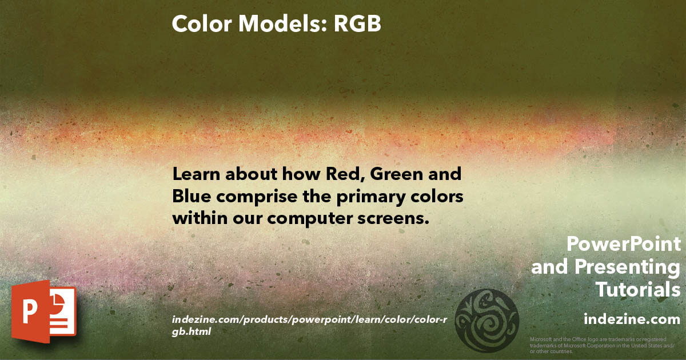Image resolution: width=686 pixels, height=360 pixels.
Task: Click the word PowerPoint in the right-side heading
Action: coord(624,245)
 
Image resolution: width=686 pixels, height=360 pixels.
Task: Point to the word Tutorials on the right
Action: coord(638,290)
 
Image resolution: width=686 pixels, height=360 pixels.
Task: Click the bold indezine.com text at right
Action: coord(632,318)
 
